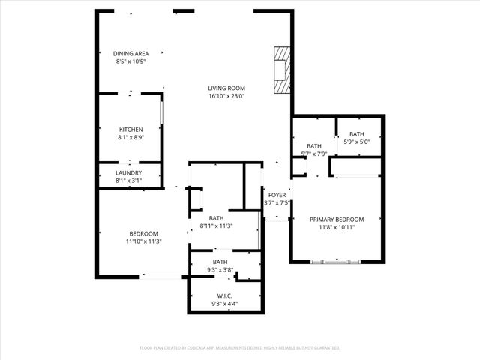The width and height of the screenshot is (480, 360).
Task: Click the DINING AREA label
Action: click(130, 54)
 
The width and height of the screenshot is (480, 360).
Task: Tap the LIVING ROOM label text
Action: click(226, 88)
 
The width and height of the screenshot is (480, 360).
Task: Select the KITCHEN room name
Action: click(130, 130)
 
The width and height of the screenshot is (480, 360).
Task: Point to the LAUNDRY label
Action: click(128, 172)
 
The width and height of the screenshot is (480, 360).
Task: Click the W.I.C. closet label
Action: click(226, 295)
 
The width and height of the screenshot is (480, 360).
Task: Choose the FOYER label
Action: click(277, 195)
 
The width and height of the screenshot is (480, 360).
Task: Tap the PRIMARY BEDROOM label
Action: click(337, 220)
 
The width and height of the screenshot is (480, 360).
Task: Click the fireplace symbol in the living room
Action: click(281, 70)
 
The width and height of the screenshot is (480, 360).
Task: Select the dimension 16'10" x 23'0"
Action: click(226, 96)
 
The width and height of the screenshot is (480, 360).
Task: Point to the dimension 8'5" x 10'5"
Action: click(130, 61)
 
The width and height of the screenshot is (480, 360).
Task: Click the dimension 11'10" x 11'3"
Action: click(143, 241)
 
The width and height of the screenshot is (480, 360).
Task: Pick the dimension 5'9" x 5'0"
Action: click(356, 141)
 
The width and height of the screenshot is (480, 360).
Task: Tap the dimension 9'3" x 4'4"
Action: click(226, 303)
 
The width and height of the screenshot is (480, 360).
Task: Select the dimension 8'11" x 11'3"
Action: click(216, 226)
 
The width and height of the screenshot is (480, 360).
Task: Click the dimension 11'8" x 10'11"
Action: click(337, 227)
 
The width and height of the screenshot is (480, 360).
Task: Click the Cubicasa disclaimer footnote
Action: click(240, 348)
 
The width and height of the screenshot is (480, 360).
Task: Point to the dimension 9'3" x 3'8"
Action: click(220, 269)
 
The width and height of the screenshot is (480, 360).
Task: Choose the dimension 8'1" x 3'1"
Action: click(128, 180)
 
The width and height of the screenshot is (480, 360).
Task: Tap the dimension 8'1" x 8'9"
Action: click(130, 137)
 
